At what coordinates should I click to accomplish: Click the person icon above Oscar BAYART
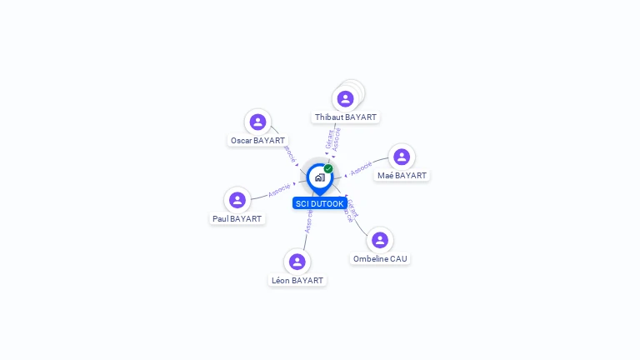click(x=258, y=122)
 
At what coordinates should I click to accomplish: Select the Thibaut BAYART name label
click(x=346, y=117)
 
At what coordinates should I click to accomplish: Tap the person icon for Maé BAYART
click(x=402, y=157)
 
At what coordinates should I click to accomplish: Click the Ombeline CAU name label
click(x=380, y=259)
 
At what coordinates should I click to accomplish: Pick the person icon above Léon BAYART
click(x=297, y=262)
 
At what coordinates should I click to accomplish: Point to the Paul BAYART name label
click(x=237, y=219)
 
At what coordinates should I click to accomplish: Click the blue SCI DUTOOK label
click(x=320, y=203)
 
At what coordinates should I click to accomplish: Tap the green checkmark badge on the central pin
click(x=328, y=169)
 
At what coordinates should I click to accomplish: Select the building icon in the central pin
click(x=319, y=177)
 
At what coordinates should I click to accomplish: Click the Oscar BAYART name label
click(x=257, y=141)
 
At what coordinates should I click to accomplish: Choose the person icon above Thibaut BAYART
click(x=345, y=99)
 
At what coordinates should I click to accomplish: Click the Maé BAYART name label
click(x=402, y=176)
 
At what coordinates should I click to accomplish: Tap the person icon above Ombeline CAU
click(x=380, y=240)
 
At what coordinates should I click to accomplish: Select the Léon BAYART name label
click(x=297, y=281)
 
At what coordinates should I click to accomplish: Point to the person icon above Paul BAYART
click(x=237, y=200)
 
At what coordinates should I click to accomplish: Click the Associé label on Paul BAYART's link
click(x=279, y=190)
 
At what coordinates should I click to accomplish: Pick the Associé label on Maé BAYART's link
click(x=361, y=168)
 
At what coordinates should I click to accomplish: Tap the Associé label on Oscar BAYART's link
click(x=290, y=154)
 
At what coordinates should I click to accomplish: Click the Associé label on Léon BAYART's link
click(x=308, y=222)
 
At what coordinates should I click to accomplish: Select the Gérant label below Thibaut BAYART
click(x=330, y=138)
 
